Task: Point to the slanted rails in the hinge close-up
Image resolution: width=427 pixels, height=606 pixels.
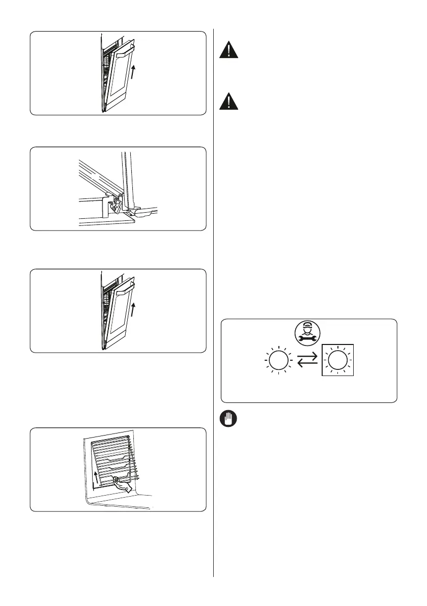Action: (x=97, y=176)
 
